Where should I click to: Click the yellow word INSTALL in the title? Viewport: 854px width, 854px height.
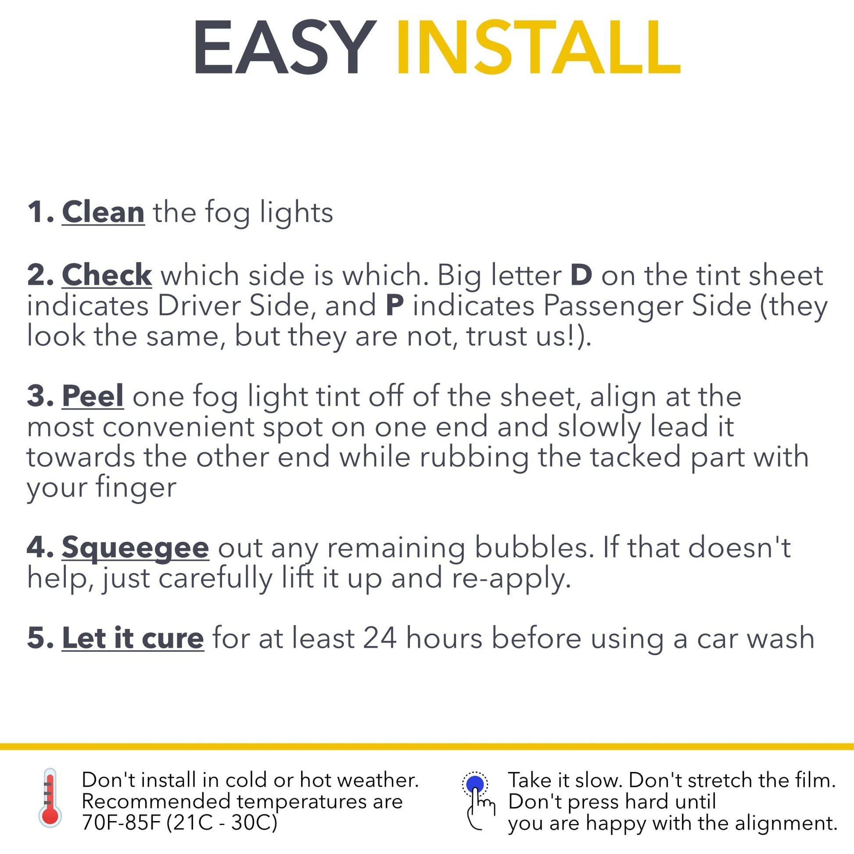[538, 48]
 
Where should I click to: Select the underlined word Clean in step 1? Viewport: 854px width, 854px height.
[103, 212]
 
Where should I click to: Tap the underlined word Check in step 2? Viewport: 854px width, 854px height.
[107, 275]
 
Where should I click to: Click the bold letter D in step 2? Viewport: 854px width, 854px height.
[581, 275]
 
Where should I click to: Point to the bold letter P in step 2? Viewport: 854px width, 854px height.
[395, 305]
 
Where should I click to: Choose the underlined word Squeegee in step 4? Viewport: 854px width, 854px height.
[135, 548]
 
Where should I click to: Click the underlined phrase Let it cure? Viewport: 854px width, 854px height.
[133, 638]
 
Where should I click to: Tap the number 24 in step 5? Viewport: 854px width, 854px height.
[380, 638]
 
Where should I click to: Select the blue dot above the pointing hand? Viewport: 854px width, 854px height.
[475, 784]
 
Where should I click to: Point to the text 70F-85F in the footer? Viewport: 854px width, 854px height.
[120, 823]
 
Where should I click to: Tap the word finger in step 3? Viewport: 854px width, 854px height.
[136, 488]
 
